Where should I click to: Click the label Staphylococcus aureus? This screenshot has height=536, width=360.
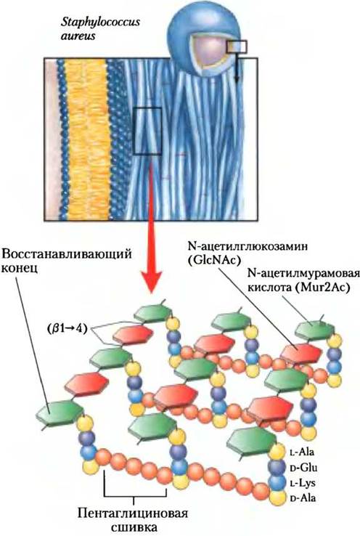(x=100, y=29)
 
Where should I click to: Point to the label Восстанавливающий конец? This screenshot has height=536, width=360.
(x=67, y=261)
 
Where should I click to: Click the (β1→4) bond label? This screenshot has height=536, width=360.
(x=67, y=329)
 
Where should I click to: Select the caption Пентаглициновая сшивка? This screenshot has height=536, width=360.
(x=134, y=519)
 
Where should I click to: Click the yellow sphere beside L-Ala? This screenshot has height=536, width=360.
(x=277, y=452)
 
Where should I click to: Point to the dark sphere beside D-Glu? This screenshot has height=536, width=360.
(x=277, y=468)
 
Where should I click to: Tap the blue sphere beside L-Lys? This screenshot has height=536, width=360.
(x=277, y=483)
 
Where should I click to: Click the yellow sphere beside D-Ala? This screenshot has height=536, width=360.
(x=277, y=498)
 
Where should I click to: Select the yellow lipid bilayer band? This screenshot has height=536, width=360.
(x=88, y=139)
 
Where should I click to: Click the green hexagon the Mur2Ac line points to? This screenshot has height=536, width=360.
(x=314, y=329)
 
